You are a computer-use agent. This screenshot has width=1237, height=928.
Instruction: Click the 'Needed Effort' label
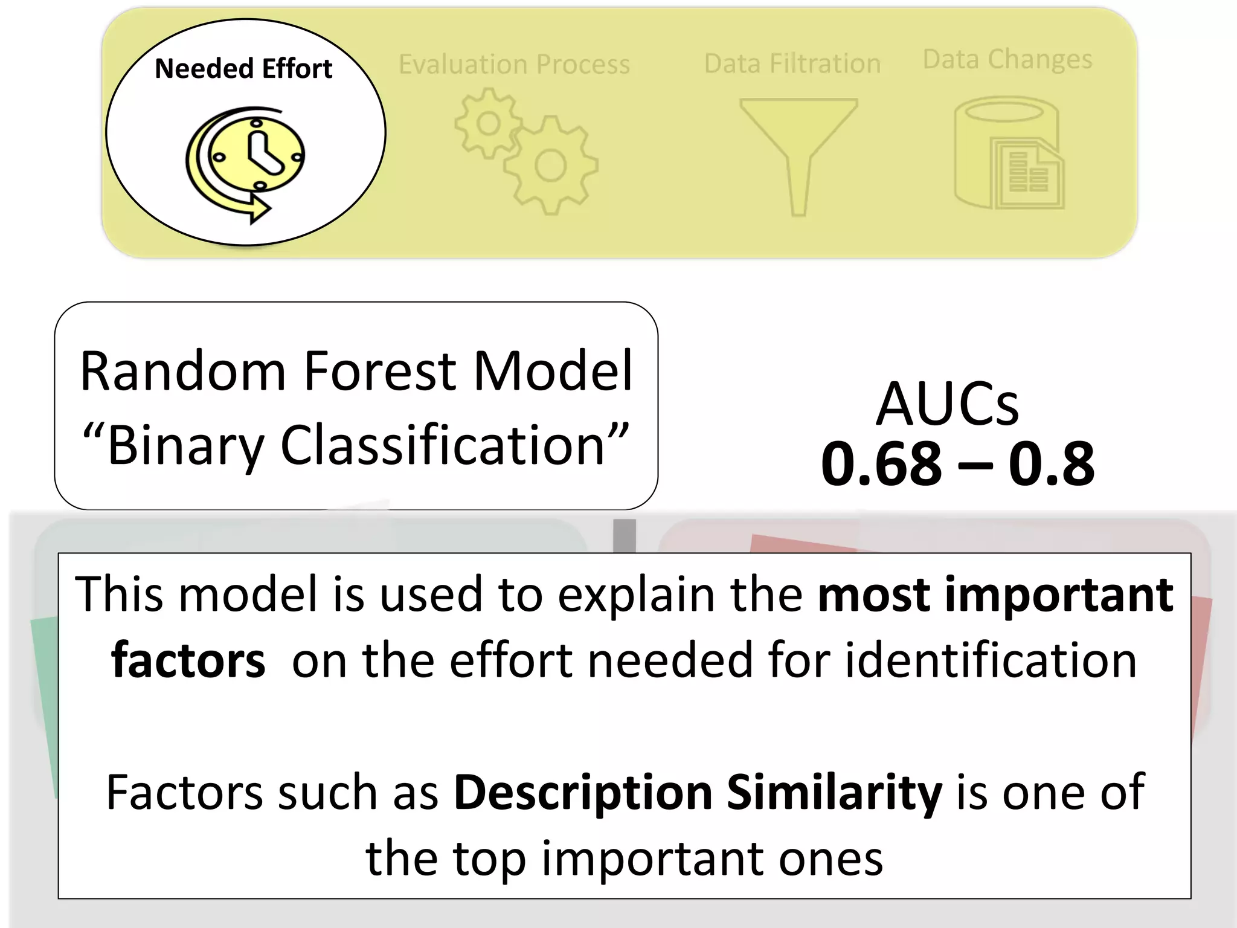coord(243,69)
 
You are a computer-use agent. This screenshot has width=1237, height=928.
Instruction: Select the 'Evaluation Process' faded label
coord(514,64)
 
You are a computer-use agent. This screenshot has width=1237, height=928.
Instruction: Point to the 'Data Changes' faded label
coord(1007,59)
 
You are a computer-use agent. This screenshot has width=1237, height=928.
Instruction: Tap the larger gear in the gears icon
coord(550,166)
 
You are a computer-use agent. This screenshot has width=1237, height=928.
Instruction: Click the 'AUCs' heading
coord(947,404)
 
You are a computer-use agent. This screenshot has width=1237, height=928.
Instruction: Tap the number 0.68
coord(881,464)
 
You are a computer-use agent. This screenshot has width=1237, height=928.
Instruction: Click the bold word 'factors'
coord(188,660)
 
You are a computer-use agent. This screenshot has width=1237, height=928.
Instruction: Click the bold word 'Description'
coord(583,793)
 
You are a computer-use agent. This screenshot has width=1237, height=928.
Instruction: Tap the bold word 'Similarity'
coord(834,793)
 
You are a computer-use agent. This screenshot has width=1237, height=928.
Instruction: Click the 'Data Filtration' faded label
coord(792,63)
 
